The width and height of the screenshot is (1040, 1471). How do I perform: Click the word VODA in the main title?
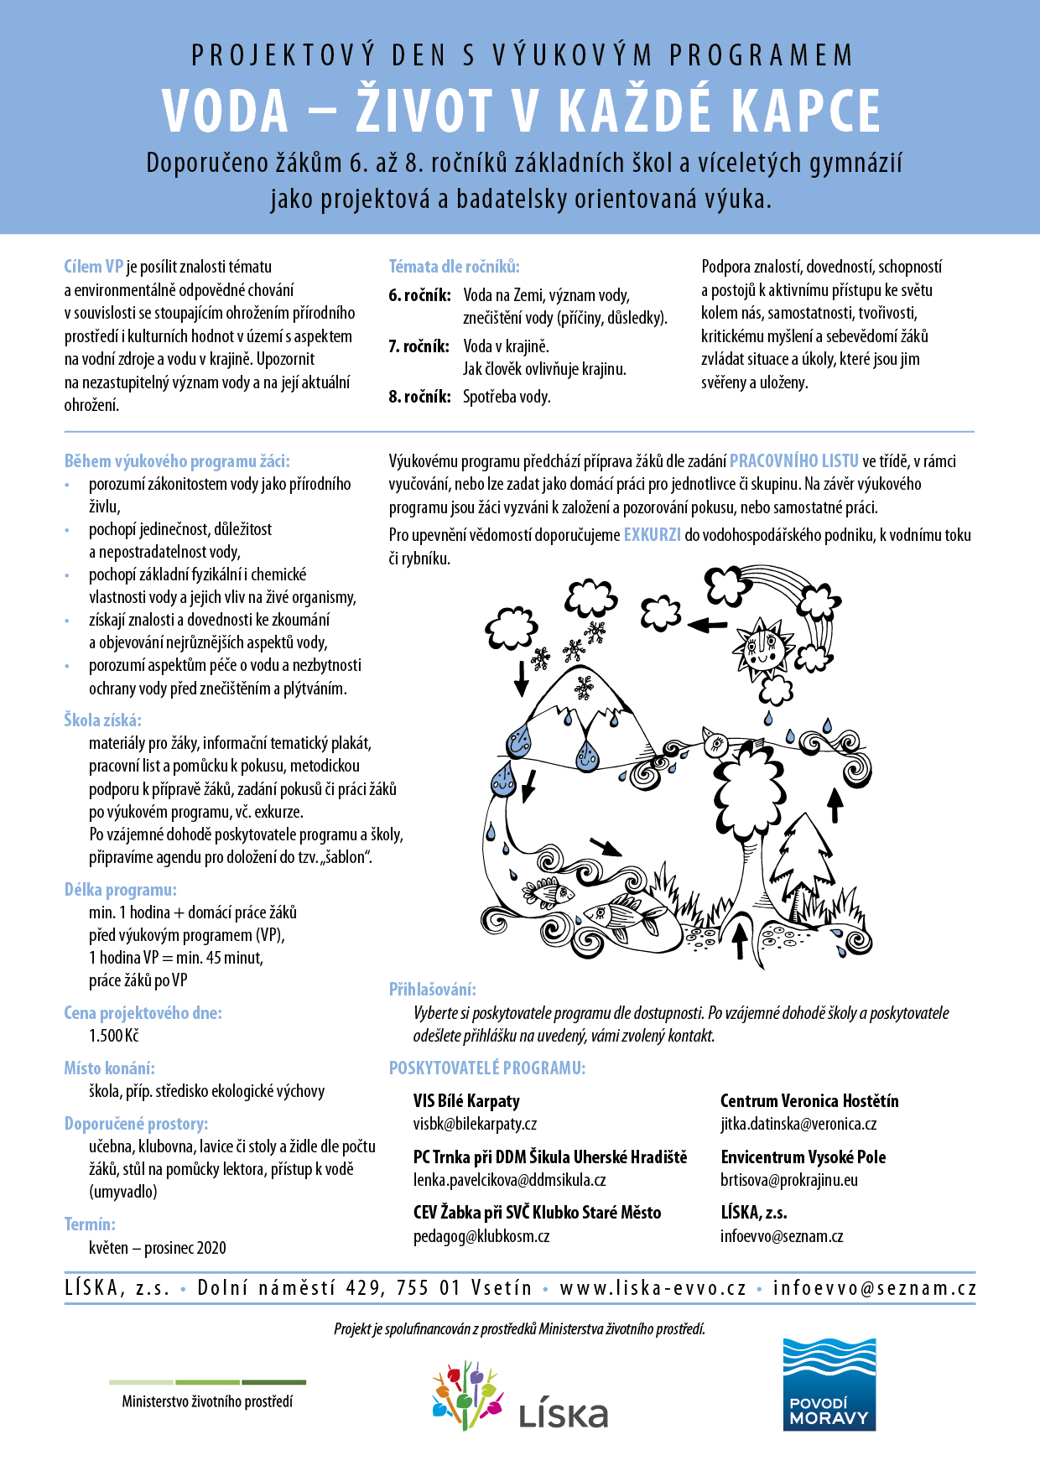[x=225, y=111]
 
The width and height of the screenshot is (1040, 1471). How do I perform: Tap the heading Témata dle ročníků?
[x=454, y=267]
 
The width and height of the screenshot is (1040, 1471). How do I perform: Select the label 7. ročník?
[x=419, y=346]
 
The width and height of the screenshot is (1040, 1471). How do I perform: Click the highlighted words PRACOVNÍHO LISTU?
[x=793, y=460]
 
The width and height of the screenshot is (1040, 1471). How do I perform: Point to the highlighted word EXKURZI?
[x=652, y=534]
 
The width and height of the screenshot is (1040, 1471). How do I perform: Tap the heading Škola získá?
[x=102, y=720]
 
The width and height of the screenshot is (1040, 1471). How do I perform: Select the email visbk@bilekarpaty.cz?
[x=475, y=1124]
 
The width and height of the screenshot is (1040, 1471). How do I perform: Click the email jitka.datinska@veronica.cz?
[x=798, y=1124]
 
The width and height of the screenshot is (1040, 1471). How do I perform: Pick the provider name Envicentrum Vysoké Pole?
[x=803, y=1157]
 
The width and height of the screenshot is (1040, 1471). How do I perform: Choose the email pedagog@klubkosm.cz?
[x=481, y=1236]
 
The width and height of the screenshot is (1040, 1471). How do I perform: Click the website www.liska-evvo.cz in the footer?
[x=653, y=1288]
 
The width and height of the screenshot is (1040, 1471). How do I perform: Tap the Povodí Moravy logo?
[x=829, y=1384]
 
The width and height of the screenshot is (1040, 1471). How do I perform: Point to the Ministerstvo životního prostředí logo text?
[x=207, y=1401]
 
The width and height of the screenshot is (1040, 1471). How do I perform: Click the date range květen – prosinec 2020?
[x=158, y=1248]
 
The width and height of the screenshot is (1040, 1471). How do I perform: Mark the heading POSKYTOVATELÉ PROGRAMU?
[x=487, y=1068]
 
